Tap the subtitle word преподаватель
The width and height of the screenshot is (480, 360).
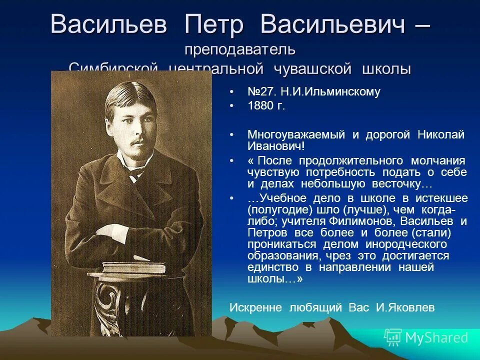click(240, 50)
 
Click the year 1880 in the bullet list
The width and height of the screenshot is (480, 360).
click(260, 106)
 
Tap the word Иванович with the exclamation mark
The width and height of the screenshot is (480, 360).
click(276, 146)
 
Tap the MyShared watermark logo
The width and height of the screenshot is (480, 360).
click(426, 338)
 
